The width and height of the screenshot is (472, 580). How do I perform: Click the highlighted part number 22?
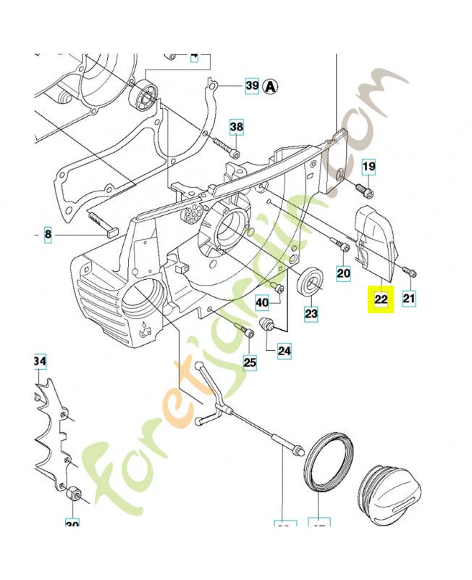pyautogui.click(x=381, y=298)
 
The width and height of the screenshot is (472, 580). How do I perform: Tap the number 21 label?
pyautogui.click(x=410, y=297)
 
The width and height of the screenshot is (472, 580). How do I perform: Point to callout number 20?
pyautogui.click(x=343, y=273)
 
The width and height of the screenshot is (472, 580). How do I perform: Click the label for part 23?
pyautogui.click(x=311, y=314)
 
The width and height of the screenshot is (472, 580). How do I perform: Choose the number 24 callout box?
pyautogui.click(x=285, y=351)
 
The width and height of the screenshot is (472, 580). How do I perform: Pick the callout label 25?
pyautogui.click(x=250, y=362)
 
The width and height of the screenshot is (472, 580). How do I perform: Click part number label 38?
pyautogui.click(x=237, y=128)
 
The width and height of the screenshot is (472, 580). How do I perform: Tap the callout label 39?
pyautogui.click(x=251, y=86)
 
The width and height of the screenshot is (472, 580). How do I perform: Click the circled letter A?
pyautogui.click(x=271, y=86)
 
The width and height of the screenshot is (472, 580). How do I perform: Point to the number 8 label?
pyautogui.click(x=48, y=235)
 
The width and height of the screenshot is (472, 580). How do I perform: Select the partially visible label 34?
pyautogui.click(x=39, y=361)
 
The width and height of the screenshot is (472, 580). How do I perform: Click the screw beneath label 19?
pyautogui.click(x=364, y=191)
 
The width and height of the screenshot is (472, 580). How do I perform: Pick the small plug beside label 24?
pyautogui.click(x=268, y=323)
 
